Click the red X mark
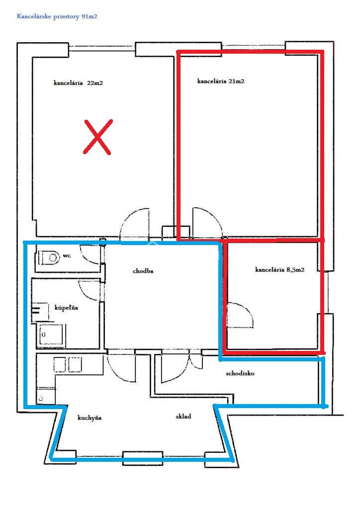coord(98,137)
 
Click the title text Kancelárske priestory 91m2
coord(57,16)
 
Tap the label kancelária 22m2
coord(78,83)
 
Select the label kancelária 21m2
coord(221,81)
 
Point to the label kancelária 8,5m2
coord(280,270)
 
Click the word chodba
coord(143,271)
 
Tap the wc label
coord(67,256)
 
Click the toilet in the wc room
coord(48,258)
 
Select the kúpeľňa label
coord(66,308)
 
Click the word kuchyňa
coord(90,418)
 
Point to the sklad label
coord(183,416)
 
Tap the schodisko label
coord(240,373)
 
